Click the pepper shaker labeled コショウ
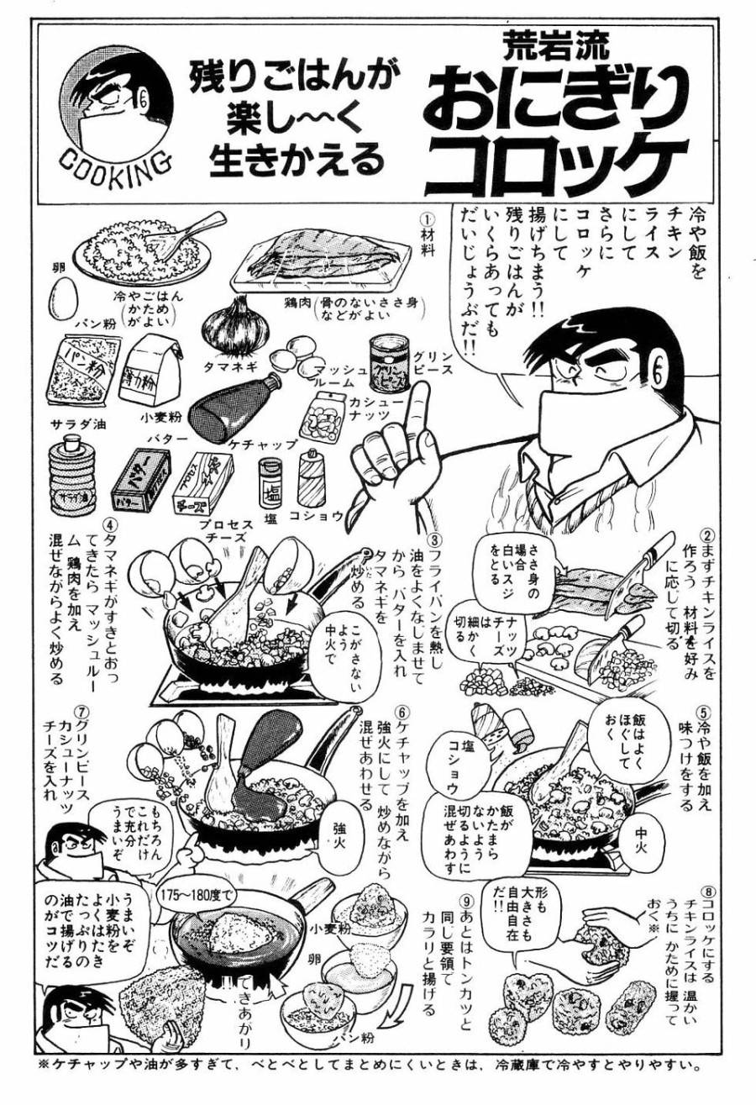(x=312, y=478)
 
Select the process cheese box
(x=202, y=483)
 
